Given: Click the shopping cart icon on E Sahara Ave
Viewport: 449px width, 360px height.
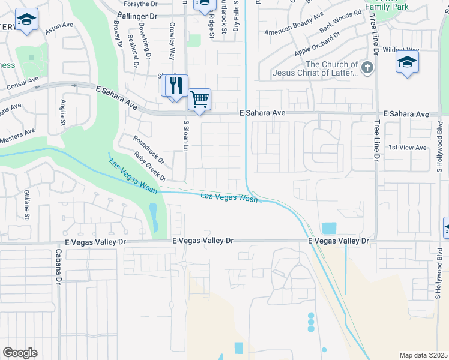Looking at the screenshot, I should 199,98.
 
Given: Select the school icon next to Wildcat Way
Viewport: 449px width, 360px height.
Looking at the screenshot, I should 407,62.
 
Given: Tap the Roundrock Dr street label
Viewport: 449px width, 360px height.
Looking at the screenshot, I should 149,150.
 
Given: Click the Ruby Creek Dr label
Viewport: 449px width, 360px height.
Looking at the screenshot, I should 151,169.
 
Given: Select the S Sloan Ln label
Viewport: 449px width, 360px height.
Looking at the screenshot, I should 186,135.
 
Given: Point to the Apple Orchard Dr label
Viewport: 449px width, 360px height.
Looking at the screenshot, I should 317,44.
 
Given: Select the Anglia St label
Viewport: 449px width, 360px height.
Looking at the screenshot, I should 62,113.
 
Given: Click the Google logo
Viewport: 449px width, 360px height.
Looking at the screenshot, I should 20,352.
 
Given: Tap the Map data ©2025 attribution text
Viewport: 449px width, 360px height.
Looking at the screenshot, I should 423,355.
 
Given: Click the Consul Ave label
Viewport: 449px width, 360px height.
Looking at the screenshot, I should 22,83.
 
